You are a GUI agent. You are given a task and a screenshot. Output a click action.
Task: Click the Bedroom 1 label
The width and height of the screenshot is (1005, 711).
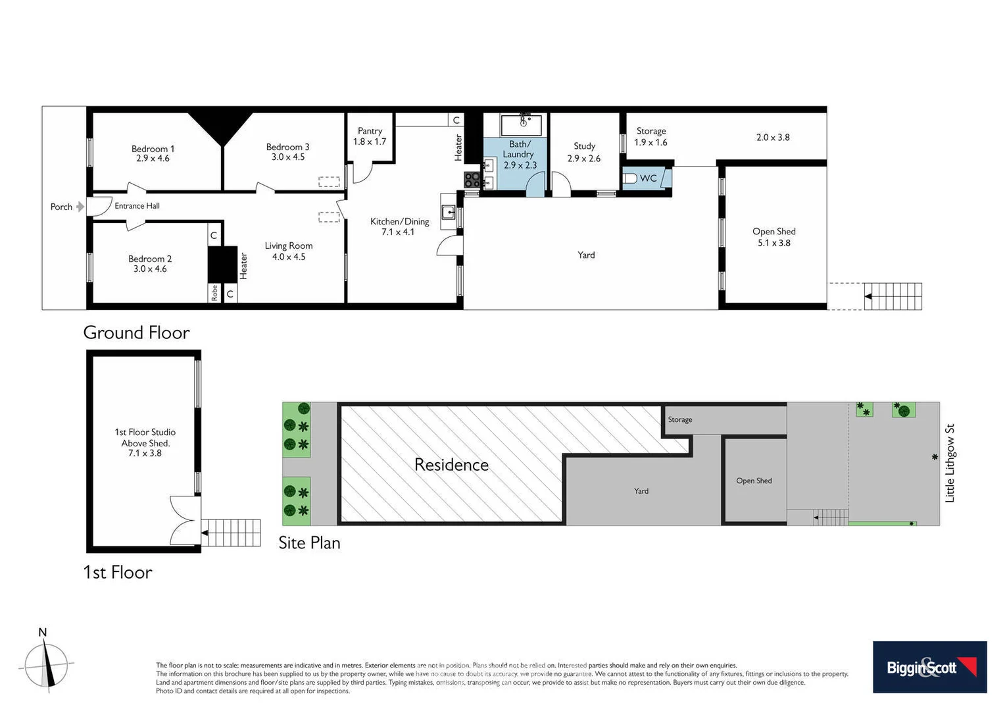153,149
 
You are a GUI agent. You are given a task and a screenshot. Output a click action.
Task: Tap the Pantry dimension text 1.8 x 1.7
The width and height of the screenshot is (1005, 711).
370,142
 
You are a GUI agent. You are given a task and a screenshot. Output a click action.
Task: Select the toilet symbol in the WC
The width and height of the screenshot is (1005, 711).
629,178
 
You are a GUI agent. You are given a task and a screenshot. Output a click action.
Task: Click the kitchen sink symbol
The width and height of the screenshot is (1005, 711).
449,212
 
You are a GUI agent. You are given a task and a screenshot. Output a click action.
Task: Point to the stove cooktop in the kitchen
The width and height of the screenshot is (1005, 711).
472,180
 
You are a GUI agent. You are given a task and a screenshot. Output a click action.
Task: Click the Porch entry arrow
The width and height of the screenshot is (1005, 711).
80,207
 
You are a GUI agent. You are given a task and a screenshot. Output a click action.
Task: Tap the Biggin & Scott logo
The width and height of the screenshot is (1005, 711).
929,667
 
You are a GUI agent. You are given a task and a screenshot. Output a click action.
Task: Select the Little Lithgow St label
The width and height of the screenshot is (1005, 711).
949,463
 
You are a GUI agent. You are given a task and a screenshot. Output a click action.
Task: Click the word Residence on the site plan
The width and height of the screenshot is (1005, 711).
451,465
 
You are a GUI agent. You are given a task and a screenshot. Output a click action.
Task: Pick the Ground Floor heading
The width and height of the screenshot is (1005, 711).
136,332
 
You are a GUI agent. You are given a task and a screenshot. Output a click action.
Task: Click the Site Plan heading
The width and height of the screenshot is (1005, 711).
309,542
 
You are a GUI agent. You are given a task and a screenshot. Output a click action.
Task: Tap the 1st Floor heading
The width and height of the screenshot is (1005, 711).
117,572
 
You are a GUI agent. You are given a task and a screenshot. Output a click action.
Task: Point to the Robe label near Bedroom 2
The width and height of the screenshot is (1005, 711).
214,293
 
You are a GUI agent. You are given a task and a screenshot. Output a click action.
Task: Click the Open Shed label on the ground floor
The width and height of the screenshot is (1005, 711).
773,232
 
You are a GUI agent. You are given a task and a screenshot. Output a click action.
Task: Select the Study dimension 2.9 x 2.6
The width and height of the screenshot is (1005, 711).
584,159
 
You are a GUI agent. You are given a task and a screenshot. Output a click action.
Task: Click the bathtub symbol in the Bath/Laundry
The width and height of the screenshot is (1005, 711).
522,124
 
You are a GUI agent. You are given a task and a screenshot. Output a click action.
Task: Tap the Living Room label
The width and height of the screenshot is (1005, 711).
289,246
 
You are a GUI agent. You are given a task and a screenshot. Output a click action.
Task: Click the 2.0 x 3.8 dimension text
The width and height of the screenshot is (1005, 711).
773,138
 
